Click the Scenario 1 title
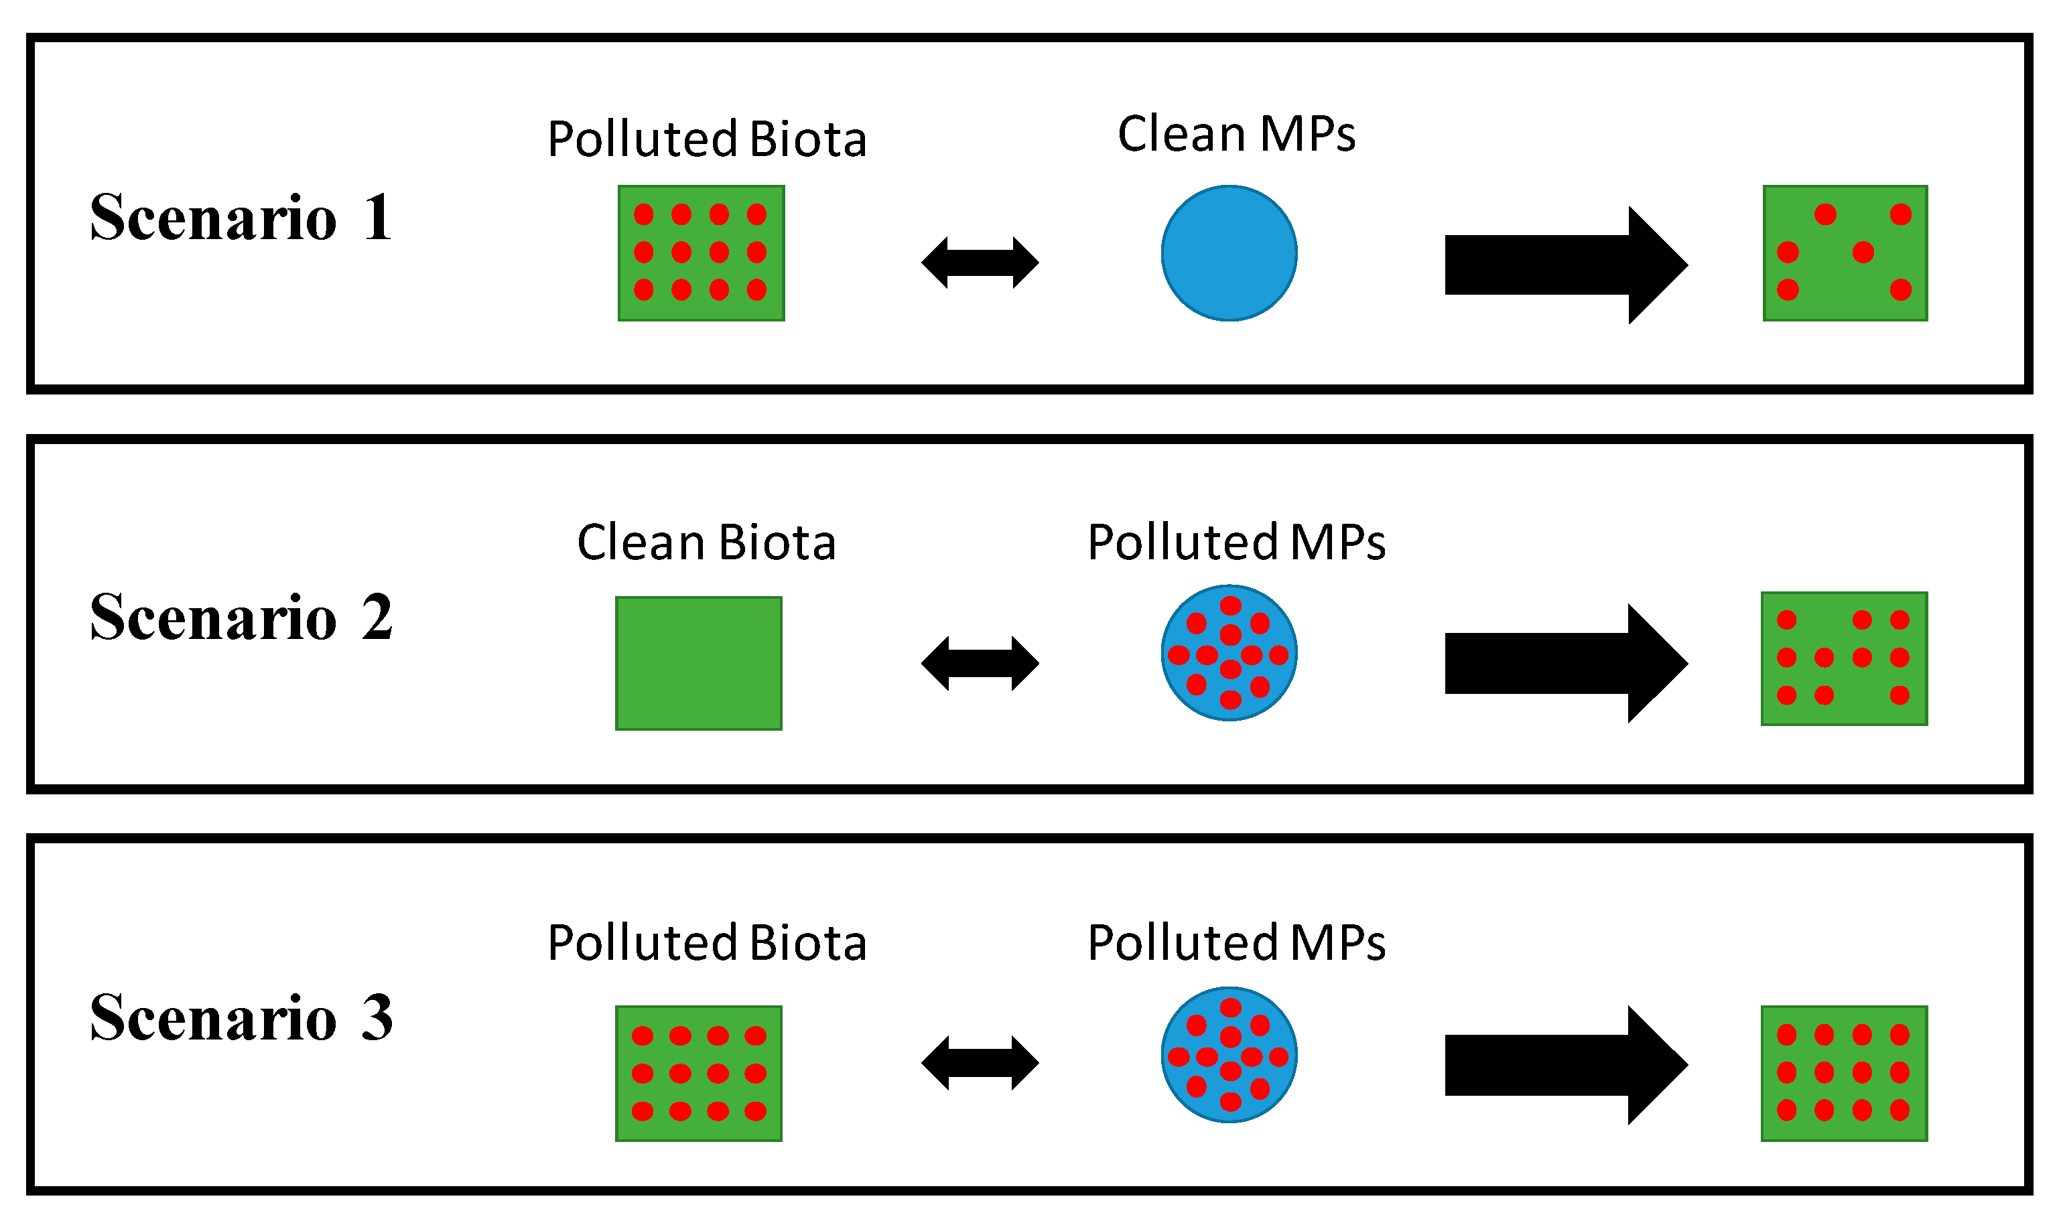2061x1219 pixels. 240,218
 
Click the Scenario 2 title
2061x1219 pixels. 240,618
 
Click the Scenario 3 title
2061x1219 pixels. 240,1018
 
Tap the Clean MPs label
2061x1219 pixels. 1236,134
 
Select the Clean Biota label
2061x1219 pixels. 706,543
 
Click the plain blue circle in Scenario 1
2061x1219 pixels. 1229,253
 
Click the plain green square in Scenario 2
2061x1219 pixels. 699,664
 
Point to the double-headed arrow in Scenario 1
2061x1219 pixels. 980,263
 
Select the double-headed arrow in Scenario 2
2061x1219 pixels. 980,663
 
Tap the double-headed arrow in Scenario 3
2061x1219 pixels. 980,1063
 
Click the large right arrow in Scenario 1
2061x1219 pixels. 1561,265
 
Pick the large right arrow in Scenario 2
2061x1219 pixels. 1561,664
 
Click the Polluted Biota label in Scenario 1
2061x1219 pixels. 707,139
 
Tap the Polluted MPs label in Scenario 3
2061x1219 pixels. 1236,942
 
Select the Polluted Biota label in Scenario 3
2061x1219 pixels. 707,942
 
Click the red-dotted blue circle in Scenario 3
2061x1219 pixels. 1229,1055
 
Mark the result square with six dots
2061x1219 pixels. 1845,253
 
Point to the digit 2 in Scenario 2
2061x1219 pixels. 377,618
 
